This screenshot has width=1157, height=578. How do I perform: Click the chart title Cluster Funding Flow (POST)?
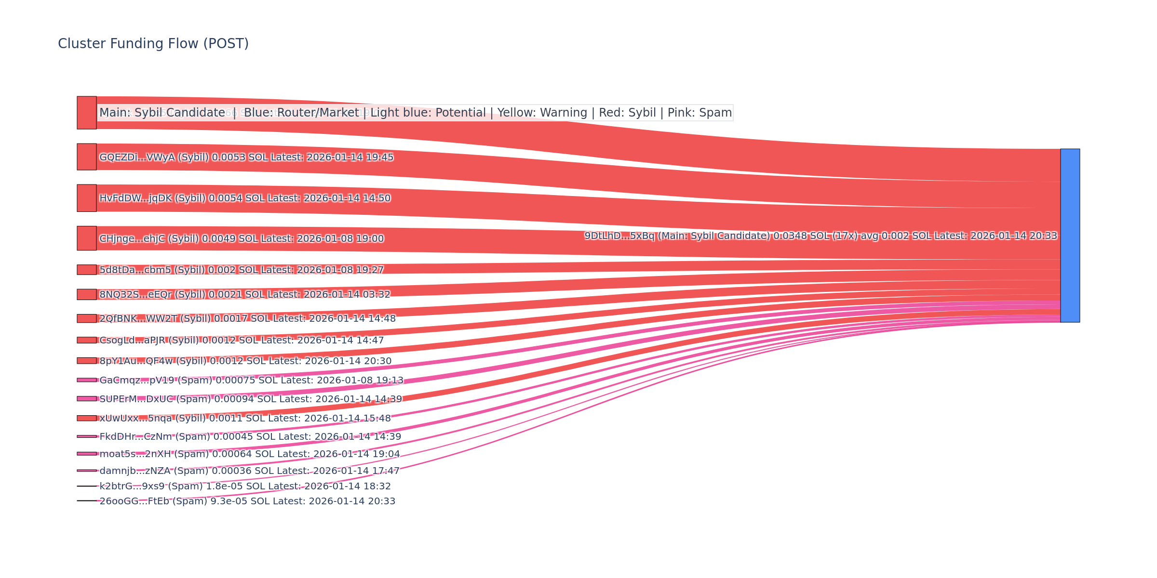153,44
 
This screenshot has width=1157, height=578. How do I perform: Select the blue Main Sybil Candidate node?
1070,236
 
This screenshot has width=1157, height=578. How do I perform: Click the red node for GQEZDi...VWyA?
87,157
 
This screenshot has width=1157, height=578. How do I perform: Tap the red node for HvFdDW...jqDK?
87,198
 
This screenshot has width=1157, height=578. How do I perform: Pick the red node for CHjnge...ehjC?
87,238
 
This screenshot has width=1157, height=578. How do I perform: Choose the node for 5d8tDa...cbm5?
87,270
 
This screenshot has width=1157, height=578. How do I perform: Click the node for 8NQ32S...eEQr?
87,294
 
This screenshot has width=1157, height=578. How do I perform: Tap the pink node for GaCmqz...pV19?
87,380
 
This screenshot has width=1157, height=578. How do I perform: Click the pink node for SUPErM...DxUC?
87,399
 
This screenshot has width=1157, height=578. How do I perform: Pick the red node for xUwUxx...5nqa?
87,418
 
